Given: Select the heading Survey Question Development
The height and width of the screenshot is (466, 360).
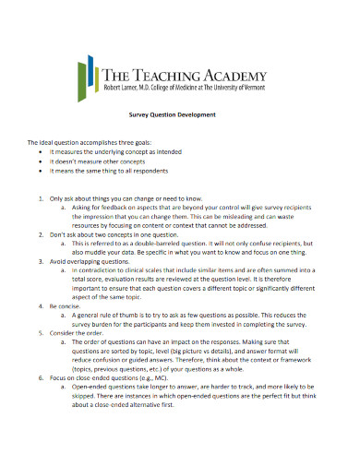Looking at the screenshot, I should tap(179, 114).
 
